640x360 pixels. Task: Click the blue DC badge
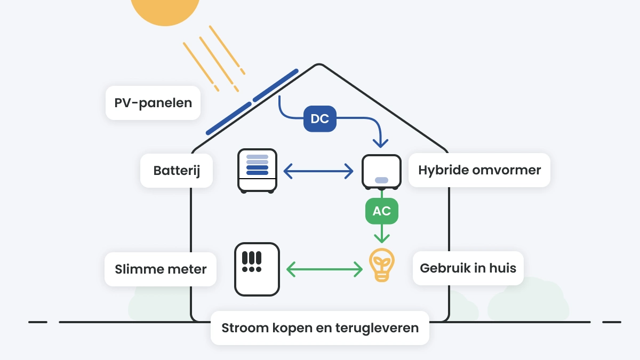coord(320,119)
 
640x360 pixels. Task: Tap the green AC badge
coord(381,211)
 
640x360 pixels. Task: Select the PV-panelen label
coord(153,103)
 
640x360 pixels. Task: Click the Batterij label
coord(176,171)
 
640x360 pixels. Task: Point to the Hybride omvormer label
coord(479,171)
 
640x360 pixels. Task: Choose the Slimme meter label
coord(161,269)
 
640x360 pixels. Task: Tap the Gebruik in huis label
coord(468,268)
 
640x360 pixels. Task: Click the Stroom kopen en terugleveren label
coord(320,328)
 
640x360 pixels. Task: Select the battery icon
coord(257,171)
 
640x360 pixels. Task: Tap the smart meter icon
coord(257,269)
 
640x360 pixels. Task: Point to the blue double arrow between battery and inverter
coord(318,171)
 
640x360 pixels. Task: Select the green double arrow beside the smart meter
coord(324,269)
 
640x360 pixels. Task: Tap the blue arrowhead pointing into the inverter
coord(380,142)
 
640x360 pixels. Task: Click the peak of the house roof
coord(319,66)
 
